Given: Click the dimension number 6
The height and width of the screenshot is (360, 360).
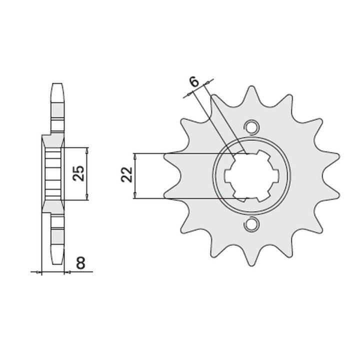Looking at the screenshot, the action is (194, 82).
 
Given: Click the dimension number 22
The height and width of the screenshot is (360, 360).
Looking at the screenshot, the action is (127, 174).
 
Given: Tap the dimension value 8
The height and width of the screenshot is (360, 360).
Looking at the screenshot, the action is (81, 263).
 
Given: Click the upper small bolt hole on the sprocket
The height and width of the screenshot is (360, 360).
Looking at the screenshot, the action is (252, 126).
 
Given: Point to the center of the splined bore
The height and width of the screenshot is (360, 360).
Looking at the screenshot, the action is (251, 175).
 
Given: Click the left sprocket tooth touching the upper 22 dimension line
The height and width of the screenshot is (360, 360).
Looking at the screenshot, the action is (172, 158).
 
